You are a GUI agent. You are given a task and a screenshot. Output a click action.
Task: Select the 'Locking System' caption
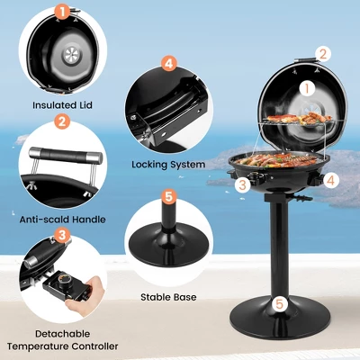click(168, 165)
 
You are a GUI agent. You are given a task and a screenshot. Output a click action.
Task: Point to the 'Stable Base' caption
click(167, 295)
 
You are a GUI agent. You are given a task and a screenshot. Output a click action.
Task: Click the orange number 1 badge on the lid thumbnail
click(62, 12)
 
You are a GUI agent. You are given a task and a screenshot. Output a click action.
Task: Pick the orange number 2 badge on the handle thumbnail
click(62, 121)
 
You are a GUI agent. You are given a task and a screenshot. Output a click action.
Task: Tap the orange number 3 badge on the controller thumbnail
click(62, 236)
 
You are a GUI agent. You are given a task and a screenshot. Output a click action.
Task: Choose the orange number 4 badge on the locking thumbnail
click(168, 63)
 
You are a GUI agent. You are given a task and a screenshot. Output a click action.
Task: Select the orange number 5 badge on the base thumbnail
click(168, 195)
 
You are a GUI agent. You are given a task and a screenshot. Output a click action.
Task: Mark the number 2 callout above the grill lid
click(323, 54)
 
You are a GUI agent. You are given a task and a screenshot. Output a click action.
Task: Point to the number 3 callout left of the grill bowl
click(241, 184)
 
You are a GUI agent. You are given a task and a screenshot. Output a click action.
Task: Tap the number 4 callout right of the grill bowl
click(331, 179)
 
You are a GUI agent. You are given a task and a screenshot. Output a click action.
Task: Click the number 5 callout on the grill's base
click(280, 304)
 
